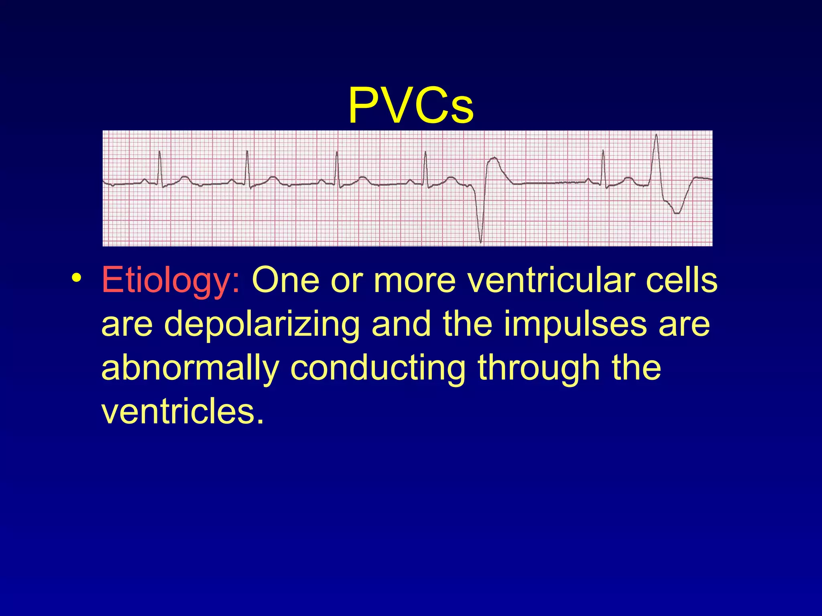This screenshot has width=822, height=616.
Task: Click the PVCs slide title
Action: (411, 105)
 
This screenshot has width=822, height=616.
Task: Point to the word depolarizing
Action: (262, 324)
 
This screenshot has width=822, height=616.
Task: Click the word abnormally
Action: (190, 368)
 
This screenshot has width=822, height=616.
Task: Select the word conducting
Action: (378, 368)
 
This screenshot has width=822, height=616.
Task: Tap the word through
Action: (537, 368)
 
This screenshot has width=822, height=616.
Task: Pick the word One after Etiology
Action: (286, 280)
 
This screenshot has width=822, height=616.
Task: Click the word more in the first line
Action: (415, 280)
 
